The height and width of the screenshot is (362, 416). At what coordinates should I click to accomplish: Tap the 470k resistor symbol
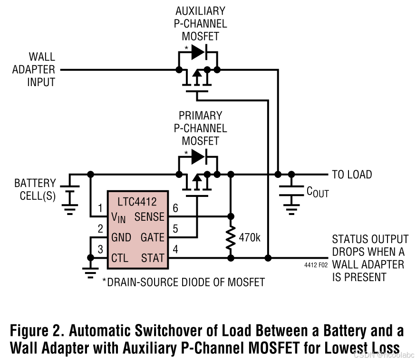231,237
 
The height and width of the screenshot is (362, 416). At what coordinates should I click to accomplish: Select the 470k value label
249,237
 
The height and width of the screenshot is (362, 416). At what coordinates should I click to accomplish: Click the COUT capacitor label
318,192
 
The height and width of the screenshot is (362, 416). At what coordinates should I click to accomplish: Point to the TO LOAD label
352,175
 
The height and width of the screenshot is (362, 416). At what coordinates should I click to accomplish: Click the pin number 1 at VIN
100,208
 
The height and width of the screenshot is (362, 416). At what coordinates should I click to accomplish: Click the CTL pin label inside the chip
120,258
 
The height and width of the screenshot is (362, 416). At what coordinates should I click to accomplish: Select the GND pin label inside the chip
121,237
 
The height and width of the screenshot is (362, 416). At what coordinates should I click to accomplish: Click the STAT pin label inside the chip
153,258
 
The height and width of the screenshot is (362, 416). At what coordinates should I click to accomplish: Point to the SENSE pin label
149,217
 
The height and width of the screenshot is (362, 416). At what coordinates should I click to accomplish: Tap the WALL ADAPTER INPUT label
34,70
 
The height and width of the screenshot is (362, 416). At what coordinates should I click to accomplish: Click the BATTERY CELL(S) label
35,189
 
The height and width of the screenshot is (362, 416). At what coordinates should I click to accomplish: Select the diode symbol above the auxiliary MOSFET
198,52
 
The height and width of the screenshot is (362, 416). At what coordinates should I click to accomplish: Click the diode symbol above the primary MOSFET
198,156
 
